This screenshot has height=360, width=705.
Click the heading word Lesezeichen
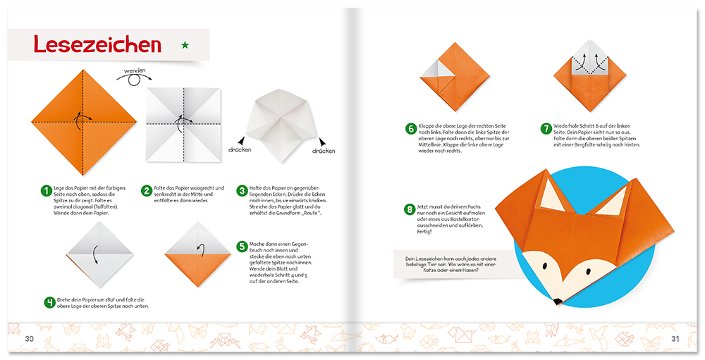97,45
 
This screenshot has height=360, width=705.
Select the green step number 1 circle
47,190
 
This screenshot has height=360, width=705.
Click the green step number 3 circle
242,190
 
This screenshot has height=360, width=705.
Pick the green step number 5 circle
242,247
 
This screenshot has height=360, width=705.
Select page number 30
30,339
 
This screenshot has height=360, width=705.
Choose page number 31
674,339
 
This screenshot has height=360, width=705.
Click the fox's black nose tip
557,301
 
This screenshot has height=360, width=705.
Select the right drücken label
324,151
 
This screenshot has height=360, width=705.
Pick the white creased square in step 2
183,124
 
